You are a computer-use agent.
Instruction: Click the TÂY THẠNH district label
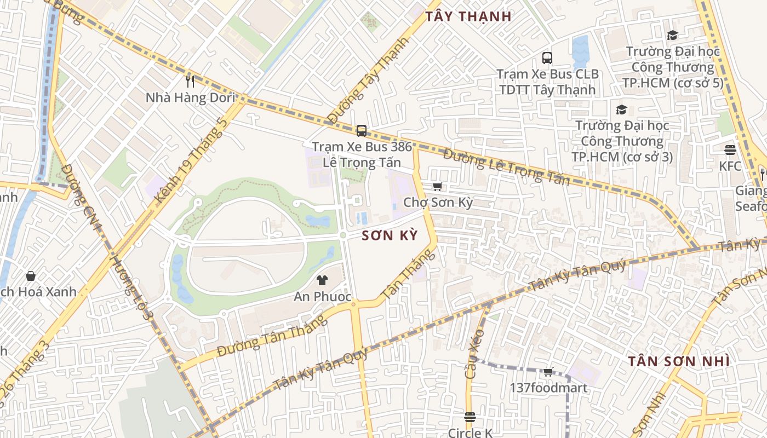[468, 16]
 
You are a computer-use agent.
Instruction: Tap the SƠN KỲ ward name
[390, 236]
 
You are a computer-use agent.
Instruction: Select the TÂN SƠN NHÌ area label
[678, 361]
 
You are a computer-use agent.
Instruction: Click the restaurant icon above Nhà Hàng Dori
[190, 82]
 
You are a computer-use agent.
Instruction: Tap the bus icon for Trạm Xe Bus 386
[362, 130]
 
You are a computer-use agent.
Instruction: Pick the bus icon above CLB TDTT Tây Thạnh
[547, 57]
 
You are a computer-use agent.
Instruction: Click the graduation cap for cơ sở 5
[672, 36]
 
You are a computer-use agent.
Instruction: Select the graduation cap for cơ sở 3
[621, 109]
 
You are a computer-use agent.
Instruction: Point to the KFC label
[730, 166]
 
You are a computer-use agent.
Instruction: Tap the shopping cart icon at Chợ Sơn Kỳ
[437, 186]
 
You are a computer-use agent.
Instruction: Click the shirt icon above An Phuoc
[322, 280]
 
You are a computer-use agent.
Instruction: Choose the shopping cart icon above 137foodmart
[548, 372]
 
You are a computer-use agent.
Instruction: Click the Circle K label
[470, 433]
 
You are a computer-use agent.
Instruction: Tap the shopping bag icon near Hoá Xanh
[31, 275]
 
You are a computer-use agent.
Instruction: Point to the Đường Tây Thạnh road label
[369, 80]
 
